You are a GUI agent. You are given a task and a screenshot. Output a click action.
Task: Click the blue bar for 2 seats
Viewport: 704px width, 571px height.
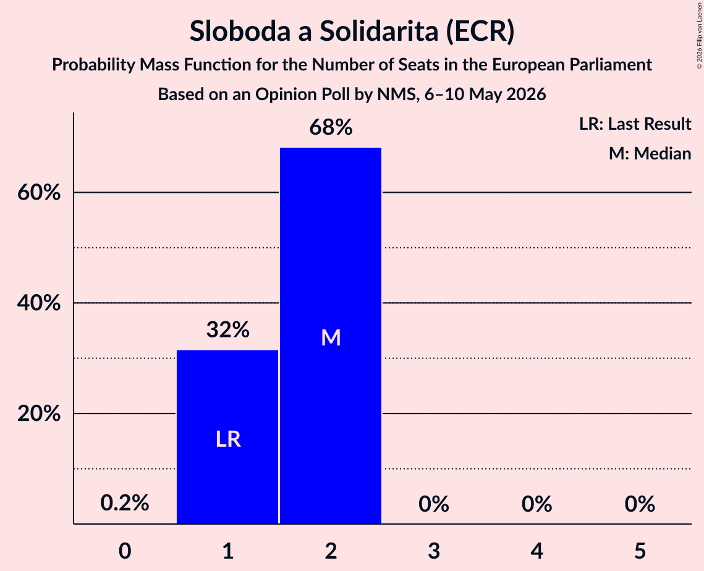(x=331, y=336)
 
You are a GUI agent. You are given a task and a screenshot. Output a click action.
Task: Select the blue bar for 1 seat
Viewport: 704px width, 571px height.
(x=227, y=437)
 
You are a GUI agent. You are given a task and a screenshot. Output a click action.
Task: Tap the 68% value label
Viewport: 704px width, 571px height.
(x=331, y=127)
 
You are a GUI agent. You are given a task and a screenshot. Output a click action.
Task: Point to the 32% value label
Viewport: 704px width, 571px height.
(x=228, y=330)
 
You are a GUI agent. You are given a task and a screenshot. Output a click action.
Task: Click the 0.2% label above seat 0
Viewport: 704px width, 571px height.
(x=125, y=503)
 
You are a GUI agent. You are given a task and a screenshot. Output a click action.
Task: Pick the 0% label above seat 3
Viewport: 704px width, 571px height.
(x=434, y=504)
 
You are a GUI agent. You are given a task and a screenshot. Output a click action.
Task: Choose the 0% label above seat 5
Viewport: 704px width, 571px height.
(x=640, y=504)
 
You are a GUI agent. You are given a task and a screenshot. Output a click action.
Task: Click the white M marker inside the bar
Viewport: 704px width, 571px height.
(x=331, y=337)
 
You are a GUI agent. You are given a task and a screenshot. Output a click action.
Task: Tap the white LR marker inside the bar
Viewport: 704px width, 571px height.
(x=228, y=439)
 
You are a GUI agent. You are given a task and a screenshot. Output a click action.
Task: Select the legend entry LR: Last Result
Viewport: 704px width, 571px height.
(x=635, y=124)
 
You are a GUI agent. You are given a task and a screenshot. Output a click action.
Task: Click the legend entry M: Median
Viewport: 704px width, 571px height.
(x=650, y=153)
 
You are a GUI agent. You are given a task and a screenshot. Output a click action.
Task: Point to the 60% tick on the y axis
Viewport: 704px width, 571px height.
(x=38, y=193)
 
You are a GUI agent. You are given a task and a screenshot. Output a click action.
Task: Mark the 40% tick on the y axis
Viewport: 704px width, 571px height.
(x=38, y=303)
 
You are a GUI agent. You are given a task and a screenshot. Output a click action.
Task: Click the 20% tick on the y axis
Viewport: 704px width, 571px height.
(x=38, y=413)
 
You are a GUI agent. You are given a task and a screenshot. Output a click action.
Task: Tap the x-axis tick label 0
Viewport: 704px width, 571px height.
(x=125, y=551)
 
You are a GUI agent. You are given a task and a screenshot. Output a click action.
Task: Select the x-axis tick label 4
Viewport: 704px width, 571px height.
(x=537, y=551)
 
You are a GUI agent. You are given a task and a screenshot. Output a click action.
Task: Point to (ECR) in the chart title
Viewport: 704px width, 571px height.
(x=480, y=32)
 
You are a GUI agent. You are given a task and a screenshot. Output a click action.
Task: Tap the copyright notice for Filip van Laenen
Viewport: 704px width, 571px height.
(x=699, y=36)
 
